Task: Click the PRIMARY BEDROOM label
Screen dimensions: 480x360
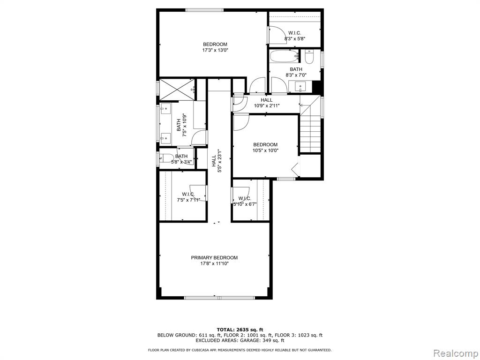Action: tap(214, 258)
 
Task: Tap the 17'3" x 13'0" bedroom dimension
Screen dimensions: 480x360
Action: tap(215, 50)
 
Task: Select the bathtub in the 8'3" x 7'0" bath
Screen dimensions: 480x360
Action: tap(284, 56)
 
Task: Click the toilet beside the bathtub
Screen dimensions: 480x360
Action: tap(309, 56)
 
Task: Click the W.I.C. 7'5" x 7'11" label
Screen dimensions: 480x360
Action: tap(188, 197)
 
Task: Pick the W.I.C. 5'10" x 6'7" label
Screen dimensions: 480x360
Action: tap(245, 201)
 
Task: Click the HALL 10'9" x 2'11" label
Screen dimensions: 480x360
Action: tap(267, 103)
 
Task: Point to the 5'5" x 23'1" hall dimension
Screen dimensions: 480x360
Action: tap(219, 161)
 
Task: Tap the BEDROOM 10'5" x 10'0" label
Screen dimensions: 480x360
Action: tap(265, 147)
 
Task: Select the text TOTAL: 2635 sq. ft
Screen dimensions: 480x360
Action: tap(240, 330)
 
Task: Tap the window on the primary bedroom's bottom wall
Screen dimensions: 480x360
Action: tap(219, 298)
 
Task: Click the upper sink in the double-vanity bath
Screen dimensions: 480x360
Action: tap(165, 108)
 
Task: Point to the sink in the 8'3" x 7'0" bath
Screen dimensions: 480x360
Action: tap(300, 87)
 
